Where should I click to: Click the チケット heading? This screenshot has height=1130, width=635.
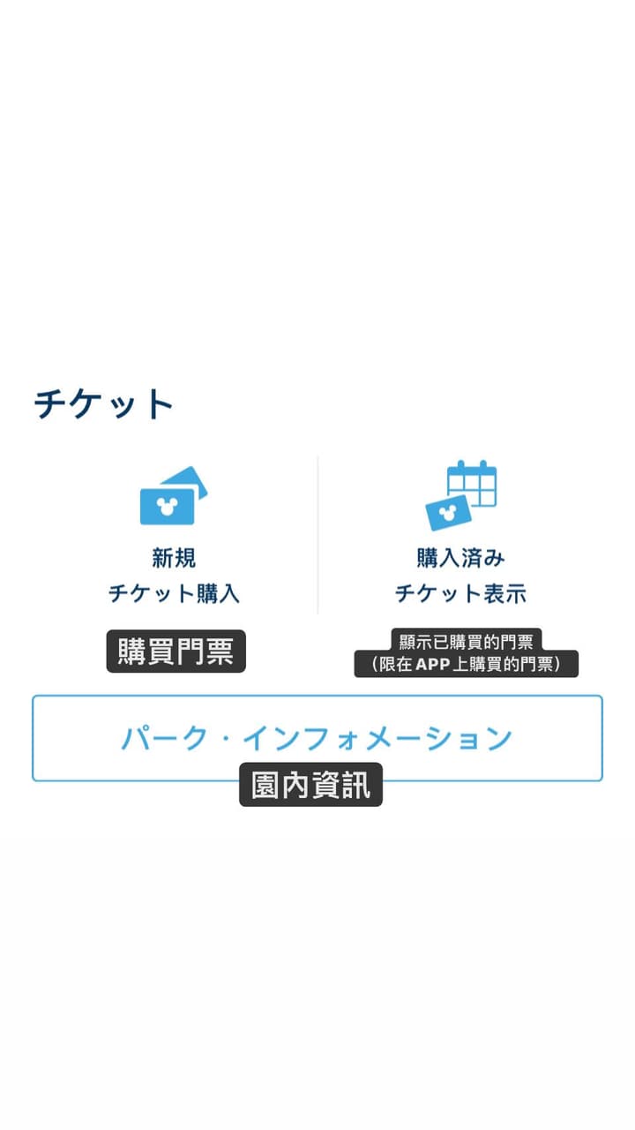103,404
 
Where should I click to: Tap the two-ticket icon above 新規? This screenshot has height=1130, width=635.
174,495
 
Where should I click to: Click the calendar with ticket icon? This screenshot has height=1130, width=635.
461,495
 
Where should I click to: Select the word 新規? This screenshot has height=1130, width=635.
174,558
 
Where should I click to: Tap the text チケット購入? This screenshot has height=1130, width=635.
174,593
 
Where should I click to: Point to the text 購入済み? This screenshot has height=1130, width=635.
460,558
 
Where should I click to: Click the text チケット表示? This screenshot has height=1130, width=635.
460,593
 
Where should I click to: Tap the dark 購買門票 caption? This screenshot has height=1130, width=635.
176,652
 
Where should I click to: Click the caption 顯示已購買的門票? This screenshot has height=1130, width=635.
467,642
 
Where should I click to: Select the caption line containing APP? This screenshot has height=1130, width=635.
467,664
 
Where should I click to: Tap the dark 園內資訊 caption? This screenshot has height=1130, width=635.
311,785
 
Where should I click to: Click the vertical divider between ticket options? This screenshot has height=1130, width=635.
317,535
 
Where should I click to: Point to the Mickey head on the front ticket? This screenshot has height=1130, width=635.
167,506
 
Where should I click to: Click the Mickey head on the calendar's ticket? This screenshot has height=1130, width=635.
447,514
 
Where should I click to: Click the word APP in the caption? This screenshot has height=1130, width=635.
433,665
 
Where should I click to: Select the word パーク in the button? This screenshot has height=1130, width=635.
164,738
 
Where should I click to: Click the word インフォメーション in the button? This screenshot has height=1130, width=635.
378,738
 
